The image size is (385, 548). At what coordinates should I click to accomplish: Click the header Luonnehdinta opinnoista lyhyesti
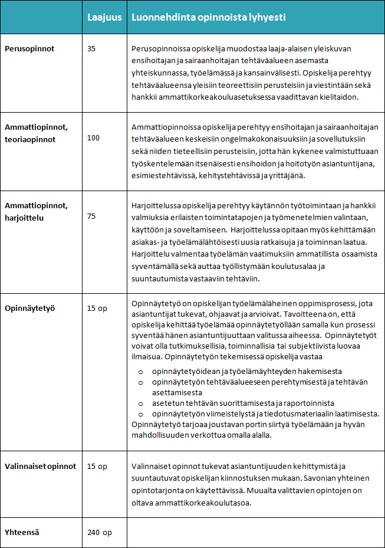tap(208, 18)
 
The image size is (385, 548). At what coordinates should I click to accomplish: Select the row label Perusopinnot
tap(29, 49)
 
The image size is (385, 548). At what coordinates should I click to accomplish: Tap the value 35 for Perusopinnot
tap(91, 49)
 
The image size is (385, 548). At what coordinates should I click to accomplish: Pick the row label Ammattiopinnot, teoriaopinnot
tap(36, 133)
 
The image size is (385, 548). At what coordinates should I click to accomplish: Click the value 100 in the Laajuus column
tap(93, 137)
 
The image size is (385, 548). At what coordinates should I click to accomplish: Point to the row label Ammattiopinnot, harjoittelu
tap(36, 212)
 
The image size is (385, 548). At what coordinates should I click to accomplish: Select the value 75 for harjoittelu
tap(91, 216)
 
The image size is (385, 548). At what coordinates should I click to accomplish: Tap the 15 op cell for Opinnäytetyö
tap(97, 308)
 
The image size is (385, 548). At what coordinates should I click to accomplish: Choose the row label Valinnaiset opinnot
tap(40, 466)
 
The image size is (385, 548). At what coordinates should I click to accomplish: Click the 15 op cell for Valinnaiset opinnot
tap(97, 466)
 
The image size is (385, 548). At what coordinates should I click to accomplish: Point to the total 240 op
tap(99, 532)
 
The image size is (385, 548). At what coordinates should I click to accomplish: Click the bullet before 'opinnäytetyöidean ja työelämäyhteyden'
tap(140, 372)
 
